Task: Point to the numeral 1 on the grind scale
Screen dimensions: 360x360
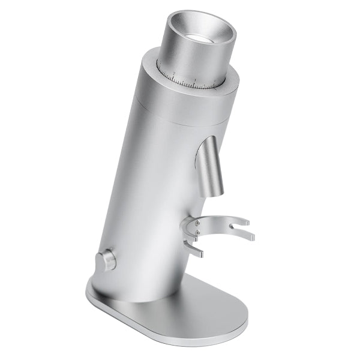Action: click(195, 80)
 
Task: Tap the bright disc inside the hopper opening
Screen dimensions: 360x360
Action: click(197, 38)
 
